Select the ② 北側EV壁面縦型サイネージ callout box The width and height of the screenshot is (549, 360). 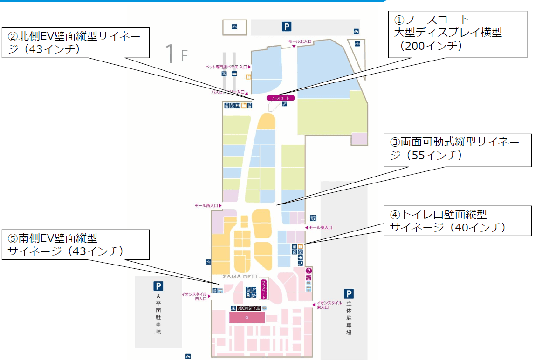pyautogui.click(x=75, y=42)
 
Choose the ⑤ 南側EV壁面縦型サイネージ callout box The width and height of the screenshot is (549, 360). pyautogui.click(x=75, y=245)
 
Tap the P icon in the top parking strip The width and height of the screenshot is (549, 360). pyautogui.click(x=287, y=27)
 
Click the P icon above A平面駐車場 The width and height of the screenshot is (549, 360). pyautogui.click(x=158, y=286)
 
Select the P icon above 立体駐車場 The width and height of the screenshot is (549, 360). pyautogui.click(x=349, y=293)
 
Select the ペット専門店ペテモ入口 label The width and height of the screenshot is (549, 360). pyautogui.click(x=228, y=67)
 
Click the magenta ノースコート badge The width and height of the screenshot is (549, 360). pyautogui.click(x=281, y=98)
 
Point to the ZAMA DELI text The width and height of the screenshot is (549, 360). pyautogui.click(x=240, y=277)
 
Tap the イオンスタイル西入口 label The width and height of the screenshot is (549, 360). pyautogui.click(x=194, y=296)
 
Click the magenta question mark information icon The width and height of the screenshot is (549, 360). pyautogui.click(x=309, y=271)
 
